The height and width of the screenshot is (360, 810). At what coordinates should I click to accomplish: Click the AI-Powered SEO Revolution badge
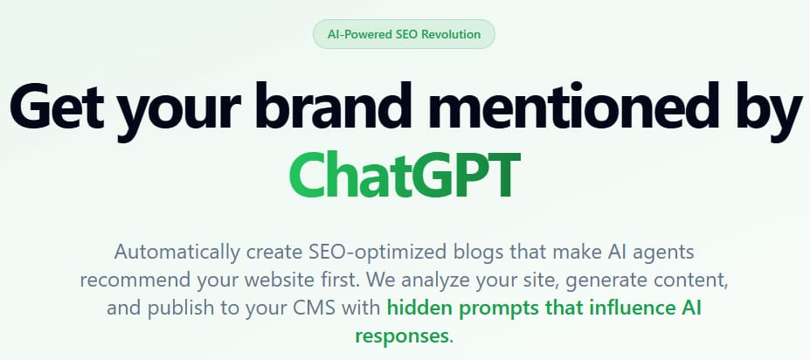(x=404, y=35)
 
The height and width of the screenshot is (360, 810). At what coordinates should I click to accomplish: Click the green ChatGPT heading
(x=404, y=176)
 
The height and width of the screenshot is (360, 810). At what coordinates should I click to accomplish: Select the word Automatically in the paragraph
(x=177, y=253)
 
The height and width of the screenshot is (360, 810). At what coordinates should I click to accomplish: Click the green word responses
(x=401, y=336)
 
